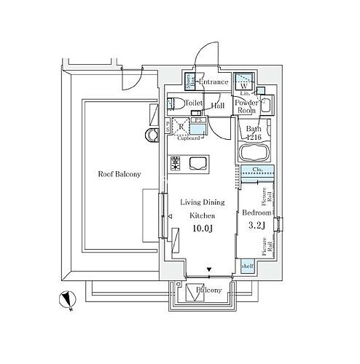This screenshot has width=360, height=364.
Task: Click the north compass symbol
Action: [x=66, y=298]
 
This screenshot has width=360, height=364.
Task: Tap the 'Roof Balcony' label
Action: [x=120, y=174]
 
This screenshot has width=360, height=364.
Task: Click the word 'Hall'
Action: [x=216, y=106]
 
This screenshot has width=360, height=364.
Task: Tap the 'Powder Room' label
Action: [x=245, y=106]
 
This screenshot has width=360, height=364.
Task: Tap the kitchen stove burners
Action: [x=175, y=165]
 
